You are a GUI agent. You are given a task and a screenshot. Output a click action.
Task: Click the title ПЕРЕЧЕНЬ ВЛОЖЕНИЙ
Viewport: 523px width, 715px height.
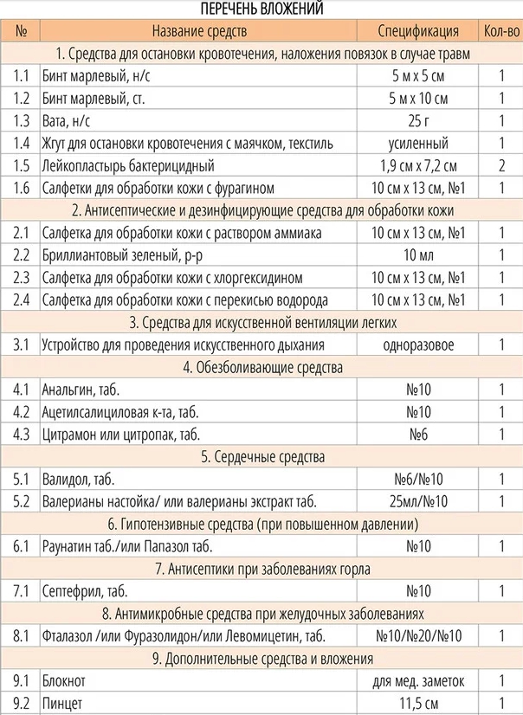pyautogui.click(x=261, y=10)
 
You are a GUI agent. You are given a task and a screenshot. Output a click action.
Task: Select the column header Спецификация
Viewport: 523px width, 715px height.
pyautogui.click(x=418, y=32)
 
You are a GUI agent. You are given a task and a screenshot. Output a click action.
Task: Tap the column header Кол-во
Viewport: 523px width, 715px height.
pyautogui.click(x=500, y=32)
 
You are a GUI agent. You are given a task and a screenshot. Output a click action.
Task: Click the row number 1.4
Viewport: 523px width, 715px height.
pyautogui.click(x=22, y=143)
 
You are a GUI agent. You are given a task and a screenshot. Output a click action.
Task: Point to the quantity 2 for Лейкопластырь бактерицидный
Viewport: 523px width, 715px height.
pyautogui.click(x=500, y=165)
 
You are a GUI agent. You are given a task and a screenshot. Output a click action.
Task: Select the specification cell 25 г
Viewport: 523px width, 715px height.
pyautogui.click(x=418, y=120)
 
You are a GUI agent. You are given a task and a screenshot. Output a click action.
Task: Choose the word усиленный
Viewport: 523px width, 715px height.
pyautogui.click(x=418, y=143)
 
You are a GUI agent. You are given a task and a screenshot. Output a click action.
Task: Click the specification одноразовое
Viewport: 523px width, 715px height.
pyautogui.click(x=418, y=345)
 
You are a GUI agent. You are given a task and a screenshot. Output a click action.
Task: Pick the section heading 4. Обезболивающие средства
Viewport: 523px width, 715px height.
pyautogui.click(x=261, y=367)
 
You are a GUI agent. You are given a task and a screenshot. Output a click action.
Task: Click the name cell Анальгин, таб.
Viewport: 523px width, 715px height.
pyautogui.click(x=81, y=390)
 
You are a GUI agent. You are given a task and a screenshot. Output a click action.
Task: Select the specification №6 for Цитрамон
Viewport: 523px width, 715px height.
pyautogui.click(x=418, y=434)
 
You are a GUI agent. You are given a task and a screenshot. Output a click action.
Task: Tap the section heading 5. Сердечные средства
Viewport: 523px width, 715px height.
pyautogui.click(x=261, y=456)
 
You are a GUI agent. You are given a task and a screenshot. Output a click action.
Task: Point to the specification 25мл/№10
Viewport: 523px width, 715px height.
pyautogui.click(x=418, y=501)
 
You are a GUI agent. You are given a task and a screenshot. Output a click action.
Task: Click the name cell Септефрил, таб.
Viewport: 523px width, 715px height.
pyautogui.click(x=84, y=591)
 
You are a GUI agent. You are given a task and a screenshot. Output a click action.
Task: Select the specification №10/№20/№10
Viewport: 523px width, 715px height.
pyautogui.click(x=418, y=636)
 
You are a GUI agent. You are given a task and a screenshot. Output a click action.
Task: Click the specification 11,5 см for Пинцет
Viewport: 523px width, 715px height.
pyautogui.click(x=418, y=703)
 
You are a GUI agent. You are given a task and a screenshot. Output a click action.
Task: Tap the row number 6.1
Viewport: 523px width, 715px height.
pyautogui.click(x=22, y=546)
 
